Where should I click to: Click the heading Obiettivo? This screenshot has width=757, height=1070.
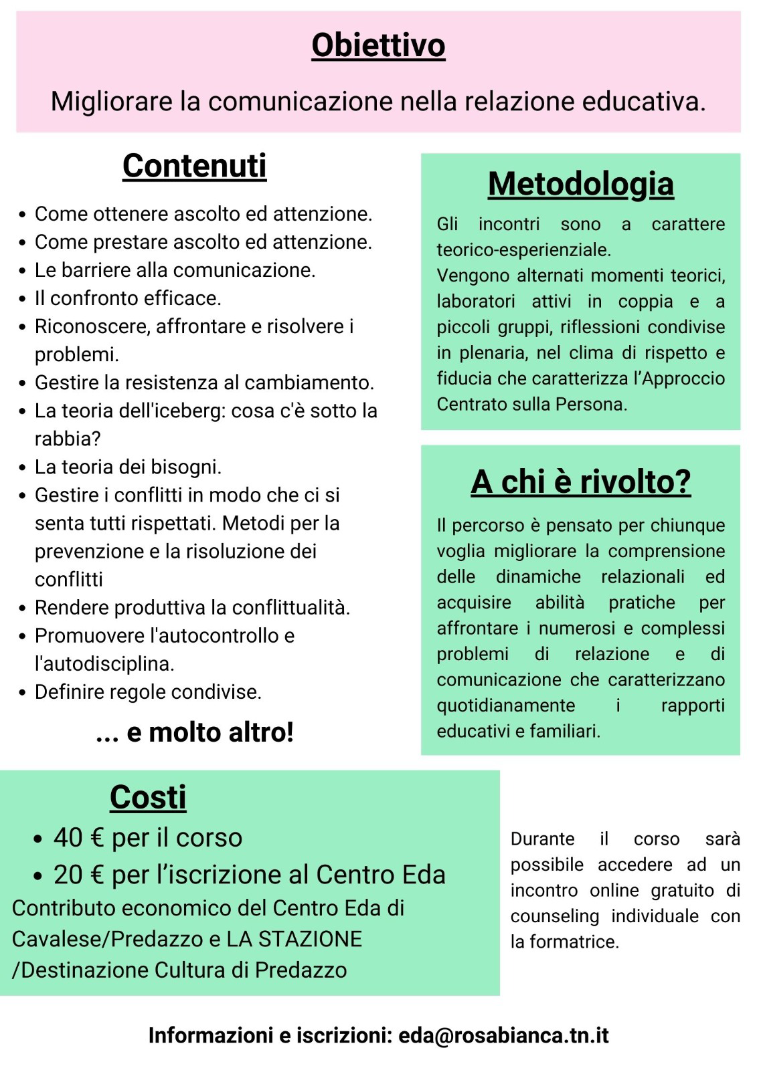click(x=378, y=45)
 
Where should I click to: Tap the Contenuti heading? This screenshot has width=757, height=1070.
click(x=194, y=166)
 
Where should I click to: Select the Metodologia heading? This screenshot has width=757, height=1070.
click(x=580, y=184)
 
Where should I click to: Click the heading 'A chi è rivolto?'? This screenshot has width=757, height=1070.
click(x=580, y=481)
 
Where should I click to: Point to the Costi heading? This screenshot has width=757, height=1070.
click(x=148, y=797)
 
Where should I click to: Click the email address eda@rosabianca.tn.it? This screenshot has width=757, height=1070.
click(x=503, y=1035)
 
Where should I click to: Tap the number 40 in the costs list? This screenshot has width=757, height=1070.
click(x=68, y=837)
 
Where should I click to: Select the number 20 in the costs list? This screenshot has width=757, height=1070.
click(x=68, y=875)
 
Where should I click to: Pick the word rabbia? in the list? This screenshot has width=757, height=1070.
click(x=68, y=439)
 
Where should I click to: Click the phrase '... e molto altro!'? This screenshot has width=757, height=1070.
click(x=195, y=733)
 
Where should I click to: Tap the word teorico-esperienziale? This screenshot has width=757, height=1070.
click(x=523, y=250)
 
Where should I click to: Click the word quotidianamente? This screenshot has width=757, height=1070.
click(x=505, y=706)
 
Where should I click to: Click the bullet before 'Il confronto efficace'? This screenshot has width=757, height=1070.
click(x=23, y=298)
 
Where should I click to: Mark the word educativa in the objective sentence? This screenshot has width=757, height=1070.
click(x=643, y=102)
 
